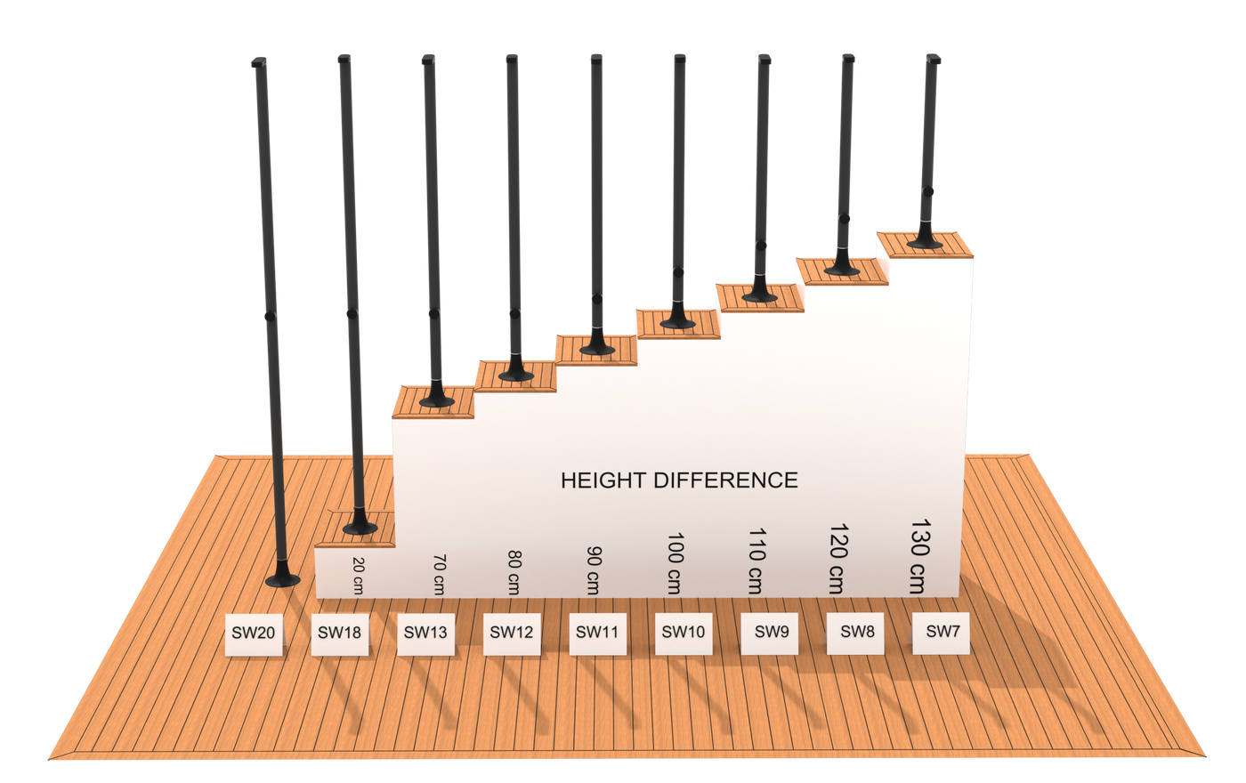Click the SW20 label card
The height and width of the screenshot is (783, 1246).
coord(254,634)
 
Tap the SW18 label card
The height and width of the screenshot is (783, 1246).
coord(339,634)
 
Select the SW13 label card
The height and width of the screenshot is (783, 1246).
coord(425,634)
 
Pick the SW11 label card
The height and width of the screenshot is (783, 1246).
coord(597,633)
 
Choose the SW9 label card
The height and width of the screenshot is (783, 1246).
coord(771,632)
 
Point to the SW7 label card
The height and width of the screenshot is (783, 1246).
coord(942,631)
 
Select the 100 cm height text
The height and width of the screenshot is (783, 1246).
coord(676,564)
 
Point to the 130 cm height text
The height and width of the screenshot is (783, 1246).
coord(918,556)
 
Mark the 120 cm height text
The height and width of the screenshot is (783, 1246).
coord(837,559)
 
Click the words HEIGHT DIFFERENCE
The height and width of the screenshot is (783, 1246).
coord(679,480)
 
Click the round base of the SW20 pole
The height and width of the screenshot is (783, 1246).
coord(283,580)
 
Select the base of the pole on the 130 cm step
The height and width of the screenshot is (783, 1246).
coord(926,241)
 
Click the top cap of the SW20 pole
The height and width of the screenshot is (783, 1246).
coord(258,63)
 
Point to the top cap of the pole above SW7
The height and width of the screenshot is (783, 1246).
coord(933,59)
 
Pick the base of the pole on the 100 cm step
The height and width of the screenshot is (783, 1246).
coord(678,322)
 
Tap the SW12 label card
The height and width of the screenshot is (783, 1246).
coord(512,634)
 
